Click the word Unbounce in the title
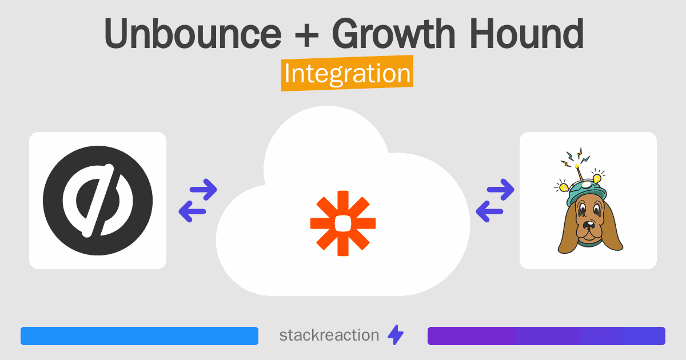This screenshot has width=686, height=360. (193, 33)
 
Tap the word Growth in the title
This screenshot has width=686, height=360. (394, 33)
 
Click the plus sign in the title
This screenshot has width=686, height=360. (306, 35)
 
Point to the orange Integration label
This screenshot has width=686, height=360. (348, 73)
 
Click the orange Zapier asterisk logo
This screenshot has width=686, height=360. (343, 223)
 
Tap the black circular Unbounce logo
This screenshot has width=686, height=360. (98, 201)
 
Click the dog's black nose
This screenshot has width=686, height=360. (588, 225)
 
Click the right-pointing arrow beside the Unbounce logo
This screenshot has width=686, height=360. (204, 190)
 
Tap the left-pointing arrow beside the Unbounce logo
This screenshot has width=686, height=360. (192, 211)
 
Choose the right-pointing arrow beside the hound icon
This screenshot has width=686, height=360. (500, 190)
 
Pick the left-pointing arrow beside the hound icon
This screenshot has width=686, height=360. (489, 211)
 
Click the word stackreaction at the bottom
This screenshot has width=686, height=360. (329, 335)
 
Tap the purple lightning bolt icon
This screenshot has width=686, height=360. (396, 335)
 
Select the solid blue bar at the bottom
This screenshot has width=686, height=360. (139, 336)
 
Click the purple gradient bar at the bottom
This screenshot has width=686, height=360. (547, 336)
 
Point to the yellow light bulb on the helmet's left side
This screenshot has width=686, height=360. (563, 186)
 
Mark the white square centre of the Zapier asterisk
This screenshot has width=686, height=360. (343, 223)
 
